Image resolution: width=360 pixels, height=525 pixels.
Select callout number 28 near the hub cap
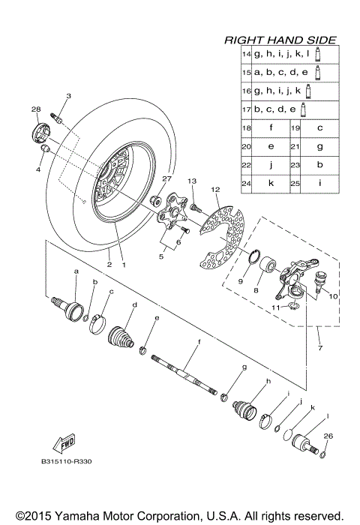coord(35,110)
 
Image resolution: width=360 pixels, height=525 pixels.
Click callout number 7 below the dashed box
coord(319,350)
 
